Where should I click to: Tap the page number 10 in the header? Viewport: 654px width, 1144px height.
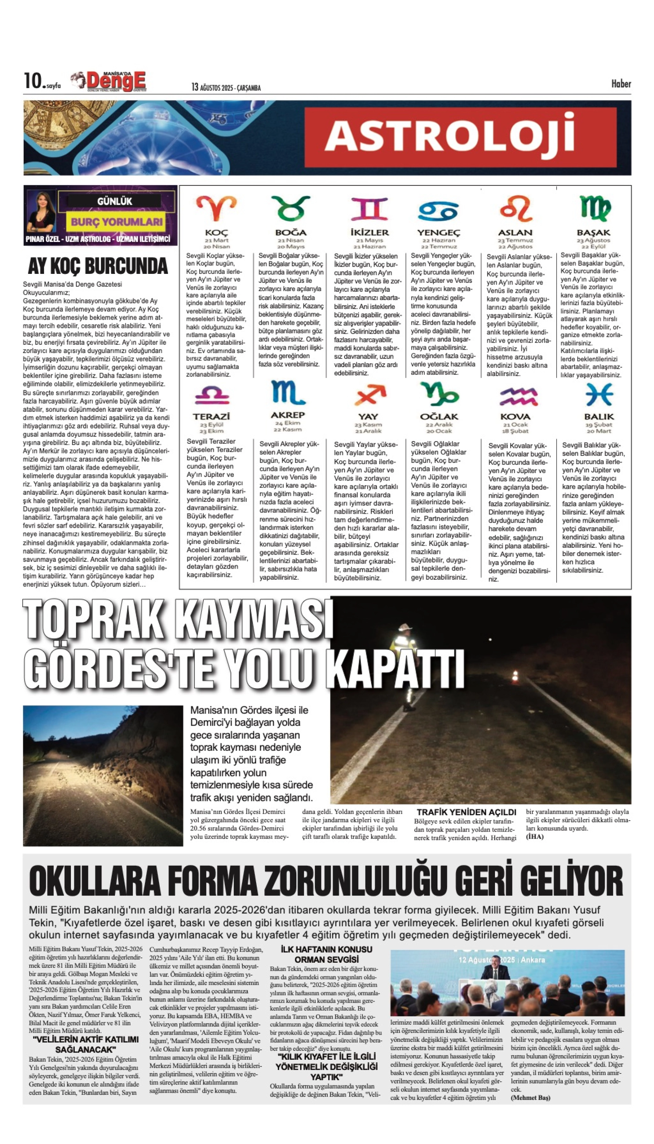(x=33, y=81)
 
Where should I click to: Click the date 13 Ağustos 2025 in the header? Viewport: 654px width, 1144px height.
(x=225, y=87)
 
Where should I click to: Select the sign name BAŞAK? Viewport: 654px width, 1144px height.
(x=593, y=233)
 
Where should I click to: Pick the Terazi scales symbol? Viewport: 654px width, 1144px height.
(x=212, y=395)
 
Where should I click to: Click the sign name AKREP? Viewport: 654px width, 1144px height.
(x=287, y=415)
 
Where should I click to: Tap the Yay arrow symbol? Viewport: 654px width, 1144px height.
(x=369, y=395)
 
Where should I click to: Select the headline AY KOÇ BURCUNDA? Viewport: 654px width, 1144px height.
(x=97, y=266)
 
